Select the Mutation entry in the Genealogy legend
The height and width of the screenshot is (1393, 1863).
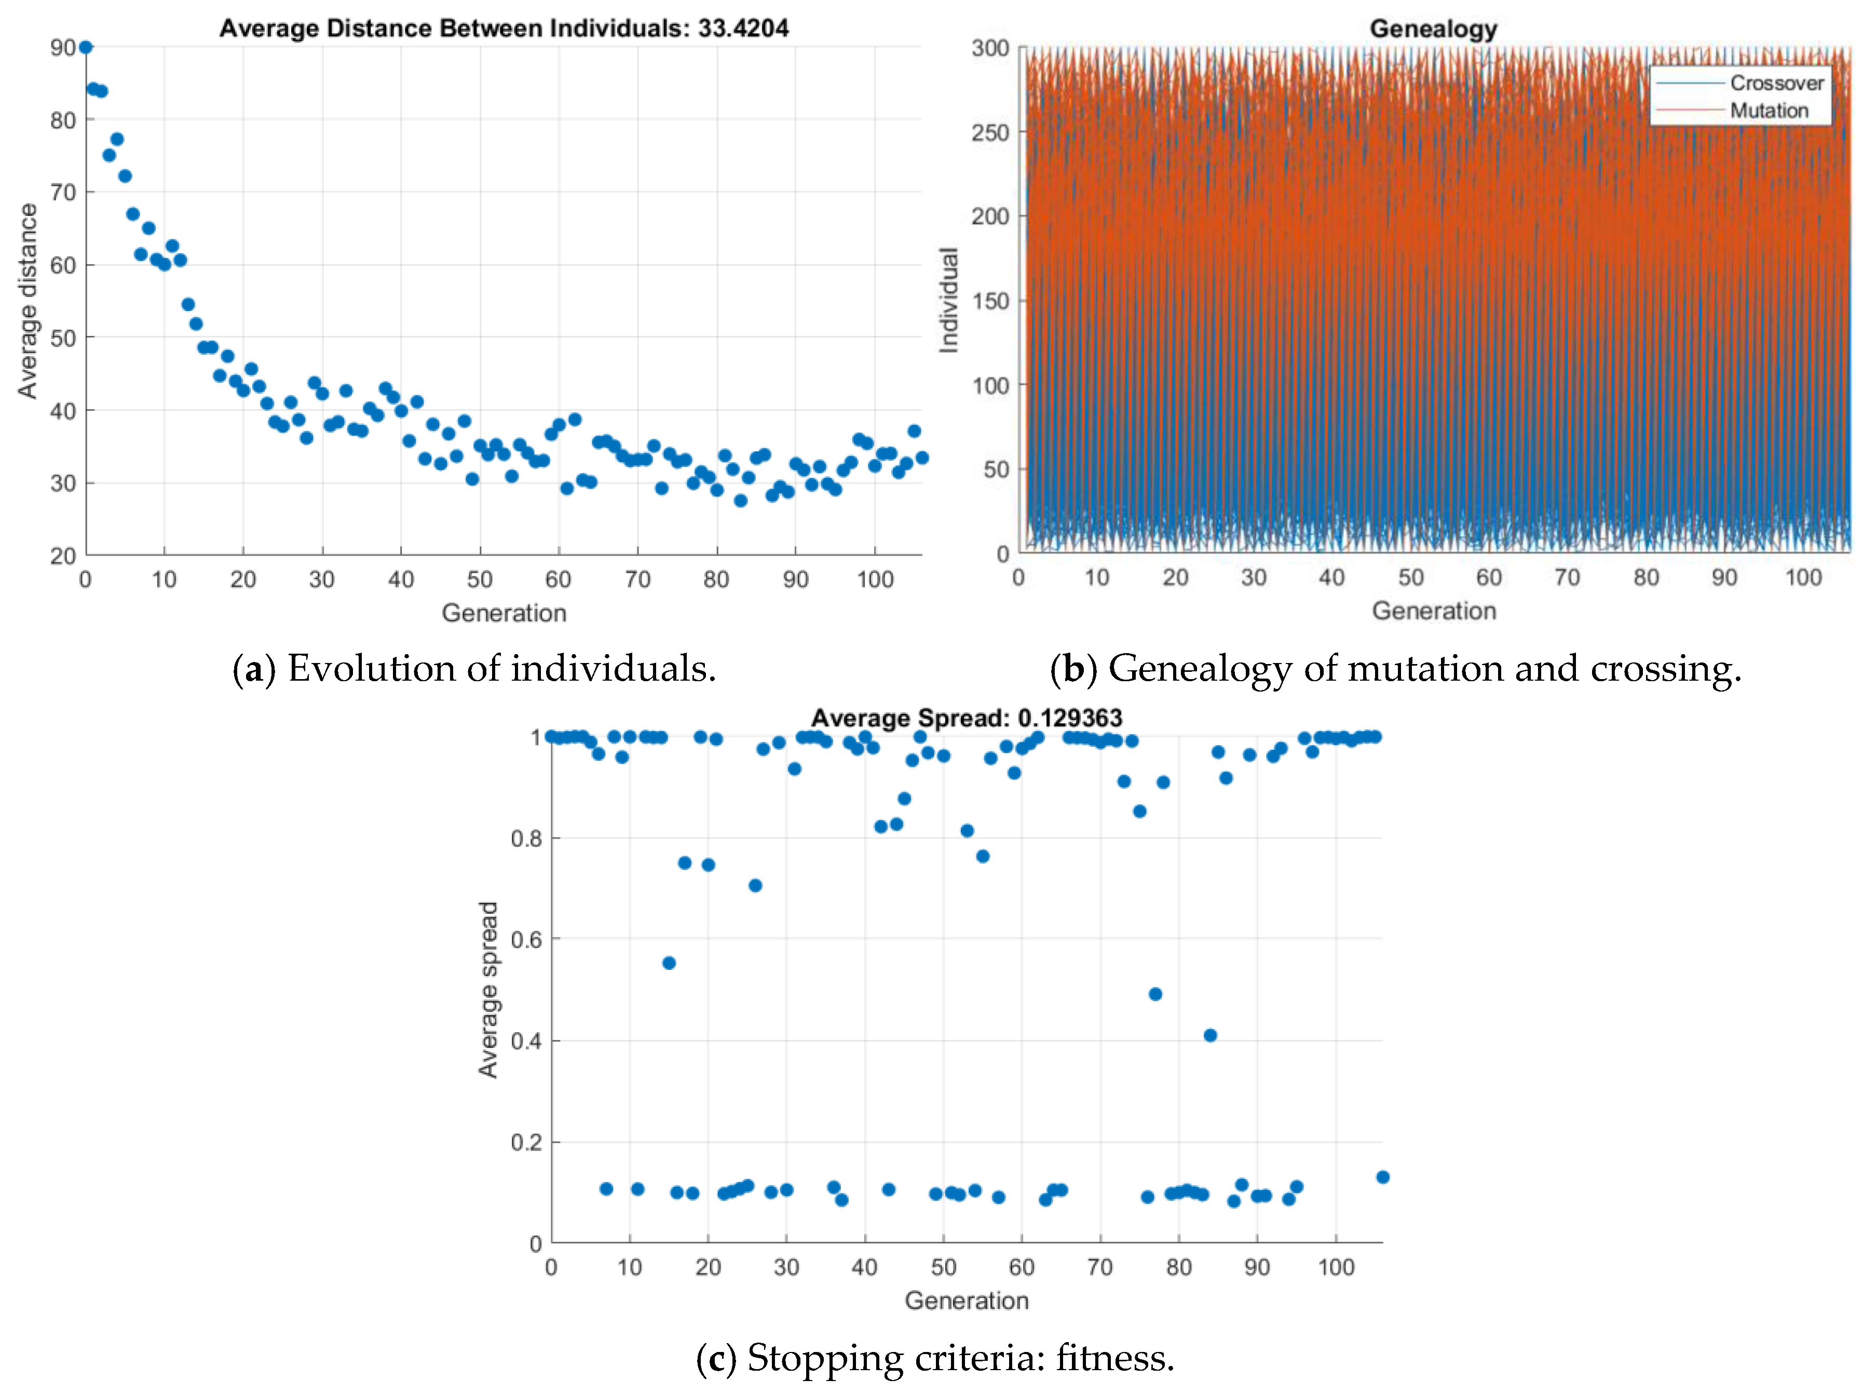[x=1769, y=110]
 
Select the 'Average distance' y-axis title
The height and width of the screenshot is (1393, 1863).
[x=28, y=301]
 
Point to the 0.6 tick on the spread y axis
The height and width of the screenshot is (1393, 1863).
[x=526, y=940]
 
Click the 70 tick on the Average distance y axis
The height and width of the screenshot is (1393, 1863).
[x=63, y=193]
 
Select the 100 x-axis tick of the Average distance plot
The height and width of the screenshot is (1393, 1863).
[x=874, y=579]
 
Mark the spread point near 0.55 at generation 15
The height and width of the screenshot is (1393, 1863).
[x=669, y=963]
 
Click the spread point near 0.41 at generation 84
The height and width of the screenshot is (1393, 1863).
[x=1211, y=1035]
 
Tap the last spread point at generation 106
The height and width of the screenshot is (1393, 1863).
[x=1382, y=1176]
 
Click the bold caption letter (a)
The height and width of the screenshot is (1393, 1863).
[x=253, y=669]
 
